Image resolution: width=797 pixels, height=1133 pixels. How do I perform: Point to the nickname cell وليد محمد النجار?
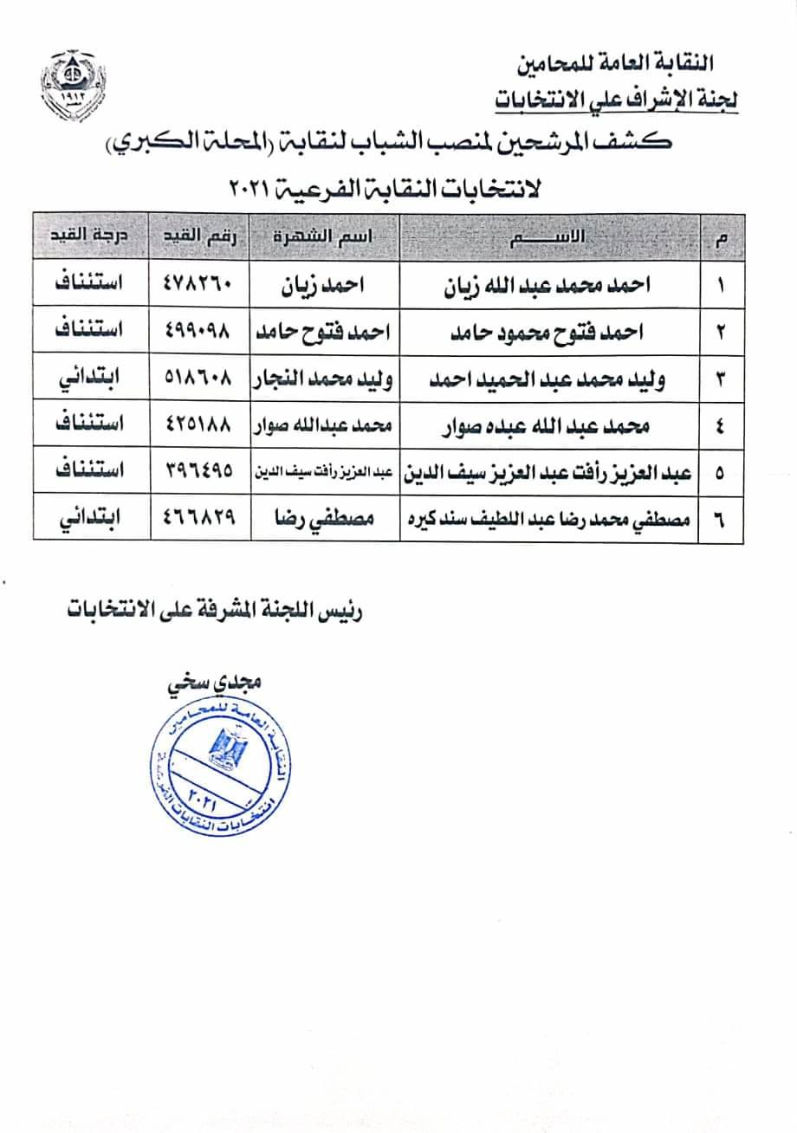[x=325, y=379]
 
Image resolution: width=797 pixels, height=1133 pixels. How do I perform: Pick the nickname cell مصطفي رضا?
[x=325, y=517]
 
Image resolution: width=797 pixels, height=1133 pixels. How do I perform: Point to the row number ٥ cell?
[x=722, y=471]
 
